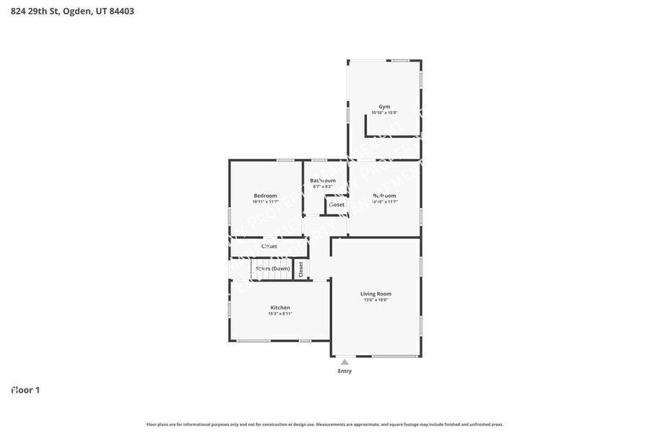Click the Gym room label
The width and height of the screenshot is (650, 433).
(x=384, y=107)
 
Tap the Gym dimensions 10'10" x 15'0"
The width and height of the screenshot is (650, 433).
(x=384, y=113)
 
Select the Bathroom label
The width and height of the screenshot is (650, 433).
(x=323, y=180)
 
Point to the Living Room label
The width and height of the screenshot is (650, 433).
(x=376, y=294)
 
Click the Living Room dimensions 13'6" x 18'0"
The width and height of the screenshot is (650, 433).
(x=376, y=300)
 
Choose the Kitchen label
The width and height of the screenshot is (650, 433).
(x=280, y=307)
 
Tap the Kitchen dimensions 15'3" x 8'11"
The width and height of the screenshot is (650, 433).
(x=280, y=314)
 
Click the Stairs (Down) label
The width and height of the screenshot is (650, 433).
(x=272, y=268)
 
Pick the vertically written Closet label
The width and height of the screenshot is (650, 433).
(x=301, y=269)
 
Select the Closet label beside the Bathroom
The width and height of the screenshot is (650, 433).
(x=337, y=205)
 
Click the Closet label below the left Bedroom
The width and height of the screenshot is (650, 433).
(x=269, y=246)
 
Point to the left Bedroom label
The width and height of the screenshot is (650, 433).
(x=265, y=196)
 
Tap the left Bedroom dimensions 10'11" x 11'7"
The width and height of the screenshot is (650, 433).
(x=265, y=202)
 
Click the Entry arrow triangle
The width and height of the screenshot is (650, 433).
(x=344, y=362)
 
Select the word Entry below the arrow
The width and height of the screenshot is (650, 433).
(x=344, y=371)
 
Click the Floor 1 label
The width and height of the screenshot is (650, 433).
(x=25, y=390)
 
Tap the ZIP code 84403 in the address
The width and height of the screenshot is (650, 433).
(x=121, y=11)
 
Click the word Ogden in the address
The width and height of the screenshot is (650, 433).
(x=77, y=11)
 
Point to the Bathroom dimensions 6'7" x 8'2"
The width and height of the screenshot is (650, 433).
(x=323, y=187)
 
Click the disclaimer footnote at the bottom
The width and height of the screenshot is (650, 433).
(x=325, y=424)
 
